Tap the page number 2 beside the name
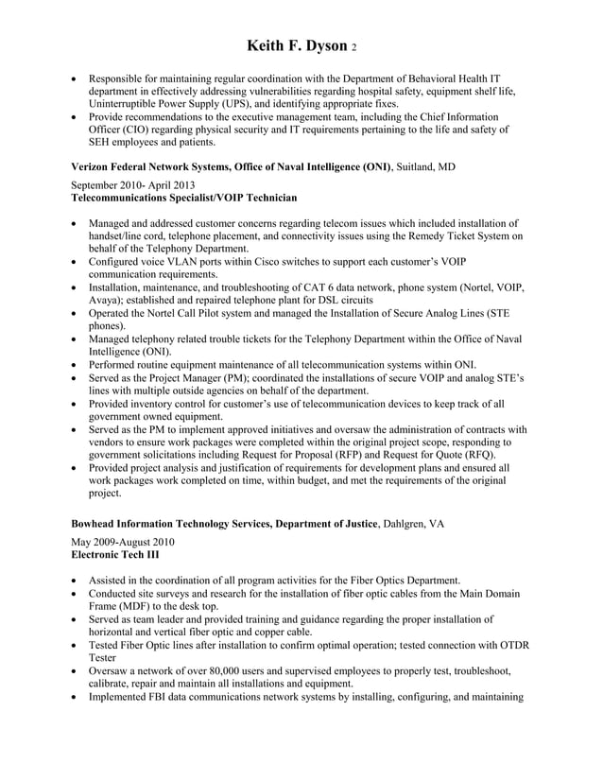tap(353, 48)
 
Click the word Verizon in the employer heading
tap(94, 166)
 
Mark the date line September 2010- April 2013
tap(134, 185)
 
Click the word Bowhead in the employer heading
tap(98, 523)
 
